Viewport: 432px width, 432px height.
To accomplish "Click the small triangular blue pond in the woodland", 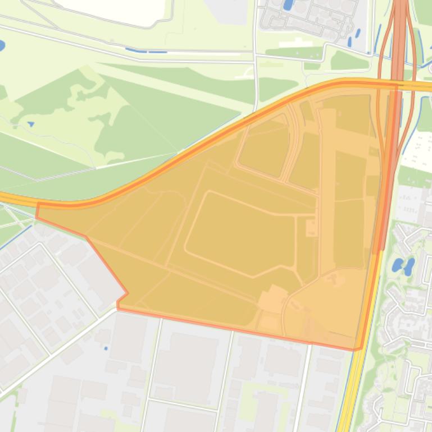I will [x=30, y=123].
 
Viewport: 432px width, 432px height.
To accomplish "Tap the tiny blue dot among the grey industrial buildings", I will [x=106, y=348].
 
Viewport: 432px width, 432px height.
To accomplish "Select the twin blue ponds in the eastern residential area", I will [x=403, y=265].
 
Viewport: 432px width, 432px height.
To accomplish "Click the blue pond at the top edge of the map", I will [x=288, y=5].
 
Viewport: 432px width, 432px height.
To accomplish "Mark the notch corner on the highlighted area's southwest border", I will [x=126, y=293].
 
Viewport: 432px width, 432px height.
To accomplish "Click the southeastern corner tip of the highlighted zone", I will [x=356, y=349].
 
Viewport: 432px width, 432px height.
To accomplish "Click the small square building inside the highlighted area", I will [x=310, y=227].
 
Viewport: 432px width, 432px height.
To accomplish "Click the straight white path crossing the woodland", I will [x=135, y=159].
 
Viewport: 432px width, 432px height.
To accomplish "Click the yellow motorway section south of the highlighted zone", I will [x=348, y=393].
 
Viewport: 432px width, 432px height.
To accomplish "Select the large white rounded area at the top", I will [x=112, y=10].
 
